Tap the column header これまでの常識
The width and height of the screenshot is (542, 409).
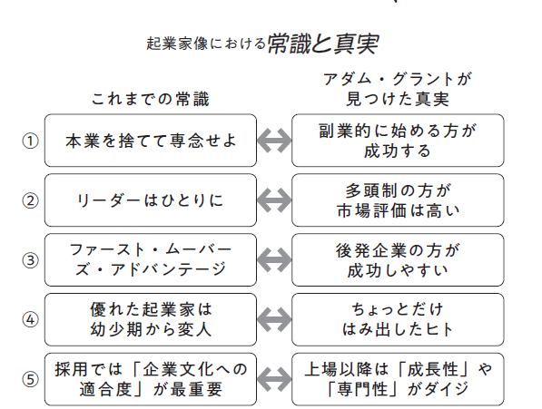[154, 97]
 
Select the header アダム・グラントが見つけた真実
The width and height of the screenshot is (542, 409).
[398, 86]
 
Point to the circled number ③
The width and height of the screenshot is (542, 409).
[30, 260]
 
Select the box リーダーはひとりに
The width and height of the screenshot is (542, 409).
[150, 200]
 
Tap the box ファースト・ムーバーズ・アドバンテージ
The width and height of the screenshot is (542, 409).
[150, 260]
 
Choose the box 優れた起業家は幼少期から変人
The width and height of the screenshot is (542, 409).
[150, 319]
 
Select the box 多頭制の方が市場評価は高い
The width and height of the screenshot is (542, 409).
[398, 200]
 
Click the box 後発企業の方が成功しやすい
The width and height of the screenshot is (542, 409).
[398, 260]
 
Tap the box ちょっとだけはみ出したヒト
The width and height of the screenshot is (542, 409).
[398, 319]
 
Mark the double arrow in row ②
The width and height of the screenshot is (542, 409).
[274, 200]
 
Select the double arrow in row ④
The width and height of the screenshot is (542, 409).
[274, 319]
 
